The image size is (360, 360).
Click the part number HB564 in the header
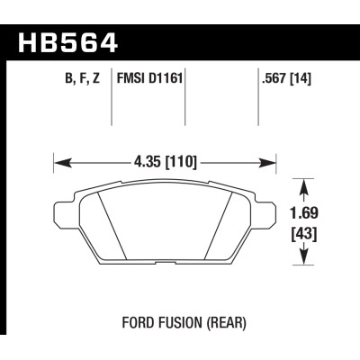coord(67,42)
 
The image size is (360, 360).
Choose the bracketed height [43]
coord(309,236)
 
